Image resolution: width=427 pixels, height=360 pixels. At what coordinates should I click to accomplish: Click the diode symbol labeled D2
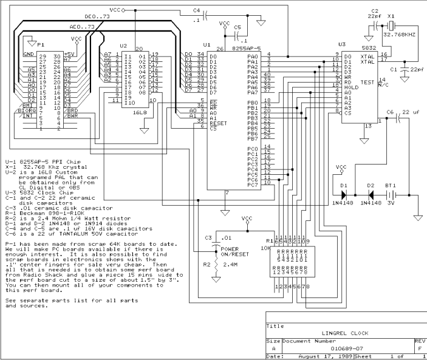tap(370, 195)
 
